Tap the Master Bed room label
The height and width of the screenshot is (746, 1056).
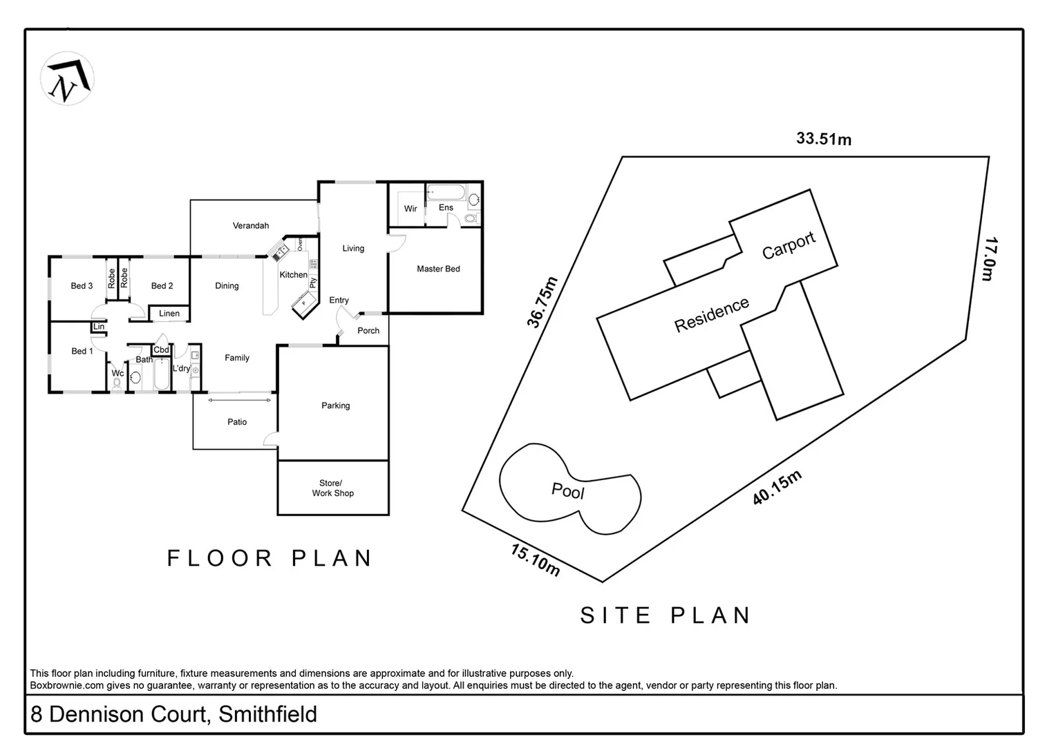(x=438, y=269)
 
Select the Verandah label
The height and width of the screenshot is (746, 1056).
(x=250, y=226)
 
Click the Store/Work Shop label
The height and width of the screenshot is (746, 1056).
(x=332, y=488)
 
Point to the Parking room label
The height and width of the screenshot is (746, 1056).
(x=335, y=405)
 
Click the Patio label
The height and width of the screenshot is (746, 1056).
(x=237, y=422)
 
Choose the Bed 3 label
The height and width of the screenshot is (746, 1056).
(x=82, y=286)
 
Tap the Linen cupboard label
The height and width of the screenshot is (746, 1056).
(x=169, y=314)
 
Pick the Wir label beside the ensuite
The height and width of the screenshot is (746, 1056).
(x=411, y=209)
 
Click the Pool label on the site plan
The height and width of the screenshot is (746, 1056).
(x=568, y=491)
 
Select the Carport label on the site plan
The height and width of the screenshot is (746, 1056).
(x=789, y=245)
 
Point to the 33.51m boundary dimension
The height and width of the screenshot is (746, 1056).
(x=824, y=139)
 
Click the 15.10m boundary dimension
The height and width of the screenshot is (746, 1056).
(x=536, y=559)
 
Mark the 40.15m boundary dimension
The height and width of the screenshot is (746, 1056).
(x=777, y=487)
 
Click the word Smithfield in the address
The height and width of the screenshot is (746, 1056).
(x=267, y=714)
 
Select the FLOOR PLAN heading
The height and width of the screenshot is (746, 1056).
(x=270, y=558)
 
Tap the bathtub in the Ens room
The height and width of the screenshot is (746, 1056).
(x=446, y=192)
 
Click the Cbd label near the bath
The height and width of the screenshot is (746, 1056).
(x=161, y=350)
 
